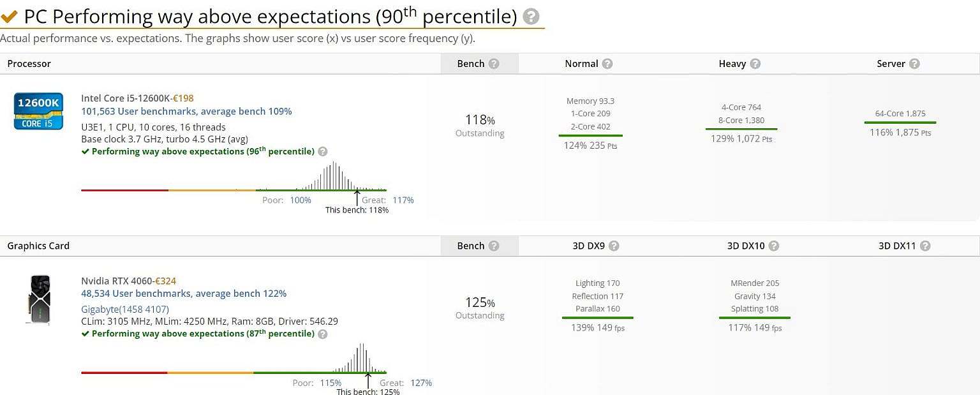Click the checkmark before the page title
pyautogui.click(x=9, y=17)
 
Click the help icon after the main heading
pyautogui.click(x=530, y=17)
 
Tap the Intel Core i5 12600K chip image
pyautogui.click(x=38, y=111)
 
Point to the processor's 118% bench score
pyautogui.click(x=480, y=120)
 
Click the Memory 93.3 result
pyautogui.click(x=590, y=101)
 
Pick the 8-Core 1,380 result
pyautogui.click(x=741, y=120)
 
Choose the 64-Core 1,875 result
pyautogui.click(x=900, y=114)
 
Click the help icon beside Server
pyautogui.click(x=914, y=64)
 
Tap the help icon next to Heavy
pyautogui.click(x=755, y=64)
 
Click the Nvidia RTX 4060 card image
pyautogui.click(x=40, y=299)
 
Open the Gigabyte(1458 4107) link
pyautogui.click(x=124, y=309)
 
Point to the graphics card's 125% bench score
pyautogui.click(x=480, y=302)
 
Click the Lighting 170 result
pyautogui.click(x=597, y=283)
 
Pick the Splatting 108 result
pyautogui.click(x=755, y=309)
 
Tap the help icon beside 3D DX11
pyautogui.click(x=925, y=246)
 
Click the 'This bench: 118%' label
pyautogui.click(x=357, y=210)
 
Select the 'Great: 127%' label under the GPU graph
pyautogui.click(x=406, y=383)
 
